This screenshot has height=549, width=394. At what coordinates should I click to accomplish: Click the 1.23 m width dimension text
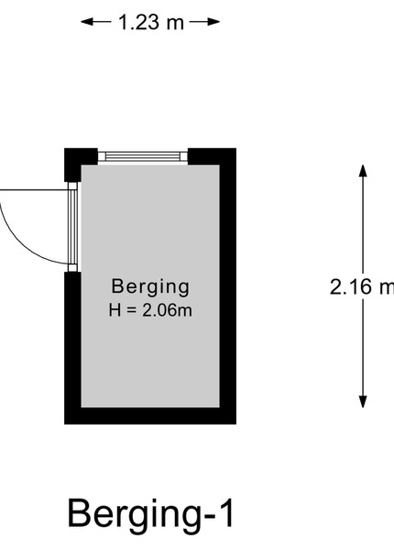[x=151, y=22]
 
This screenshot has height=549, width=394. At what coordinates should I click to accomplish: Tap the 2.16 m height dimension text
[x=362, y=286]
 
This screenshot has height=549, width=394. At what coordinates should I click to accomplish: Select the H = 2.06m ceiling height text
[x=150, y=310]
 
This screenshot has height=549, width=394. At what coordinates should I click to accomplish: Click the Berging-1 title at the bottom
[x=151, y=514]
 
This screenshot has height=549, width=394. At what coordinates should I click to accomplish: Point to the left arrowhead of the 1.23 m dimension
[x=88, y=22]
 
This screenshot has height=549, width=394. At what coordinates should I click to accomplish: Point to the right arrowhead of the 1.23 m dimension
[x=213, y=22]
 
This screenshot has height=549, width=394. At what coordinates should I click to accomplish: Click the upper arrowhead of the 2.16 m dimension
[x=363, y=171]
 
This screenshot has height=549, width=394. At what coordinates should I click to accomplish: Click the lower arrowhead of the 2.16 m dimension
[x=363, y=402]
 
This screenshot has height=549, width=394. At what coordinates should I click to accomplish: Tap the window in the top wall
[x=143, y=156]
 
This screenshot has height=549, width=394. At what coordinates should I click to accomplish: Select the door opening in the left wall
[x=72, y=227]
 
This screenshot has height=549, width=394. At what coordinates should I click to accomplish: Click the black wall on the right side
[x=228, y=286]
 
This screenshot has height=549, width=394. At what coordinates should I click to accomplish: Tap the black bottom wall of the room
[x=150, y=415]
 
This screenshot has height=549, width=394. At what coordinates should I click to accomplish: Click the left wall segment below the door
[x=72, y=339]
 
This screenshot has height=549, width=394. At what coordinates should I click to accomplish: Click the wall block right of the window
[x=212, y=156]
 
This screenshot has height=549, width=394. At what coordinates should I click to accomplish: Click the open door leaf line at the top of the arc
[x=34, y=190]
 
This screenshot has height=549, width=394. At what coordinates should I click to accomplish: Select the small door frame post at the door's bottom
[x=72, y=268]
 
